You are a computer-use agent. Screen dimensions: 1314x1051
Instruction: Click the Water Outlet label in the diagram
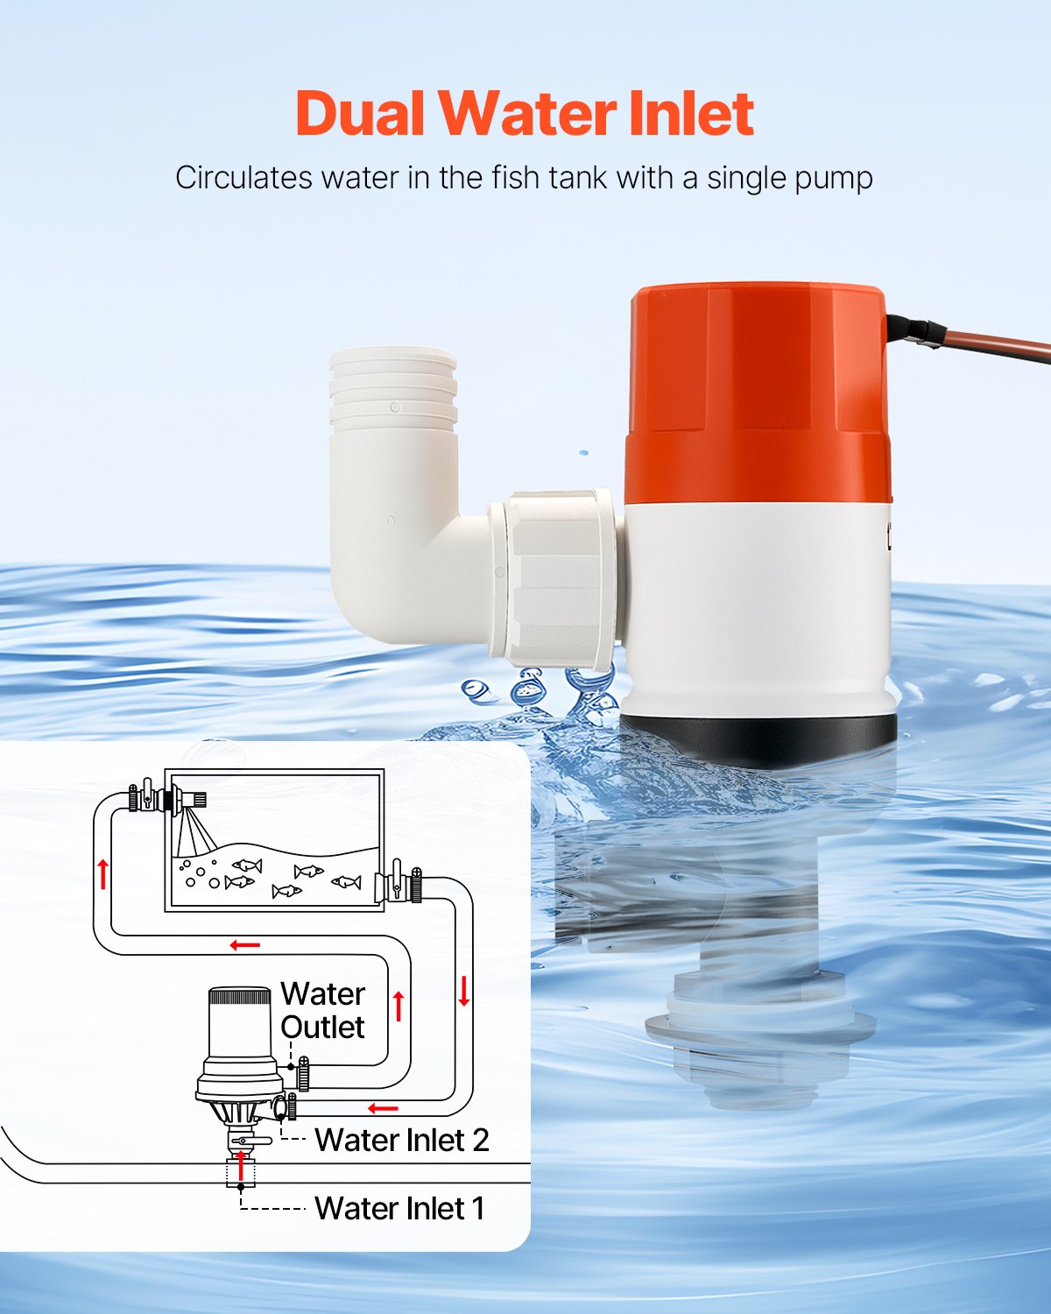tap(322, 1011)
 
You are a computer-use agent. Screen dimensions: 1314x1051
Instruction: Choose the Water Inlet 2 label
tap(401, 1140)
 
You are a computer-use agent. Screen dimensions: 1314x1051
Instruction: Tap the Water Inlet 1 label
tap(399, 1208)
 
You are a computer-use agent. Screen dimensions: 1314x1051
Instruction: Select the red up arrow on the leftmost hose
tap(103, 873)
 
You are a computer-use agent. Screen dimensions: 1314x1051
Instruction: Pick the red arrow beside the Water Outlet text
tap(399, 1006)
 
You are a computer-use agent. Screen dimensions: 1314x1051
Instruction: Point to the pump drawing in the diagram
tap(239, 1051)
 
